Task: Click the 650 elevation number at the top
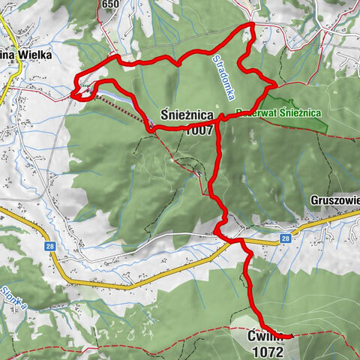point(111,4)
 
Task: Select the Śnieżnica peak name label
point(190,115)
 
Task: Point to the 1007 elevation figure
point(201,129)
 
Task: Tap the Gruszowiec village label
point(335,201)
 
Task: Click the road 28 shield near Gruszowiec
point(286,238)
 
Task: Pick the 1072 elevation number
point(268,350)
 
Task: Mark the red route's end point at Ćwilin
point(291,339)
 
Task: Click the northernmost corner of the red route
point(252,25)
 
